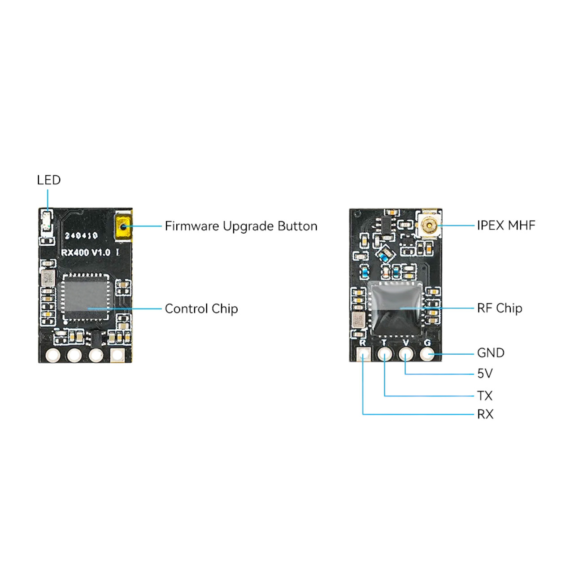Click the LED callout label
pyautogui.click(x=49, y=180)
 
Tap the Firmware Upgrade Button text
pyautogui.click(x=241, y=226)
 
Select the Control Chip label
pyautogui.click(x=201, y=309)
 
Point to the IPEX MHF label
pyautogui.click(x=506, y=225)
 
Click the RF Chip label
pyautogui.click(x=500, y=308)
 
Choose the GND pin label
pyautogui.click(x=491, y=352)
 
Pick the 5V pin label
pyautogui.click(x=485, y=373)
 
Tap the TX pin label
pyautogui.click(x=485, y=396)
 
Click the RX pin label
pyautogui.click(x=485, y=414)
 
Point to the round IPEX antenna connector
pyautogui.click(x=429, y=225)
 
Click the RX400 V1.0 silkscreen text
pyautogui.click(x=86, y=252)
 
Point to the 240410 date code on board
pyautogui.click(x=81, y=235)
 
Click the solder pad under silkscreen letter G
pyautogui.click(x=427, y=354)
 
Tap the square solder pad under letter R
pyautogui.click(x=363, y=355)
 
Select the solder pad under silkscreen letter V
pyautogui.click(x=406, y=354)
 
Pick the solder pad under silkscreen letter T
pyautogui.click(x=385, y=354)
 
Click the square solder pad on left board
pyautogui.click(x=117, y=355)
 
